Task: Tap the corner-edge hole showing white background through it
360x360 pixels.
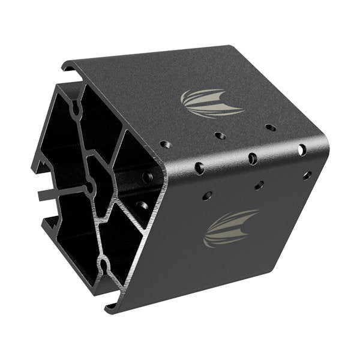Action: point(302,149)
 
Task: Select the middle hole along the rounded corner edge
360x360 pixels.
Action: point(253,158)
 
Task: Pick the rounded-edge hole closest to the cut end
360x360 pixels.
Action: point(199,168)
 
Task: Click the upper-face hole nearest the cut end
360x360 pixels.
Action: point(166,145)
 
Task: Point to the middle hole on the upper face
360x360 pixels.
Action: point(220,136)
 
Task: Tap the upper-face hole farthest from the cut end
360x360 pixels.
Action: point(271,128)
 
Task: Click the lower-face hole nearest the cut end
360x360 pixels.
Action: point(207,196)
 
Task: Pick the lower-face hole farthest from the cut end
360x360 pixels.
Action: point(307,175)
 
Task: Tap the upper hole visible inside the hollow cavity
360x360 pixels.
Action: point(147,178)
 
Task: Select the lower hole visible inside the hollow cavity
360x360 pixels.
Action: point(142,206)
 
